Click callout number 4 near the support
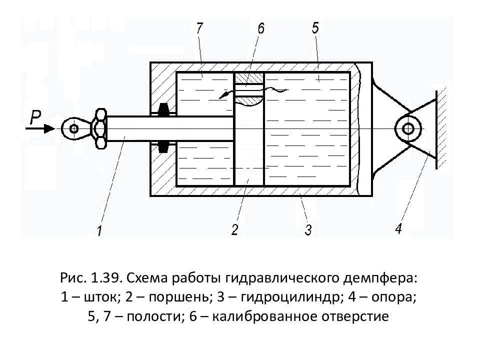(398, 228)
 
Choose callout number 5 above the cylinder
(315, 28)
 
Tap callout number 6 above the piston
(261, 28)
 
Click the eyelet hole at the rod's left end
(73, 128)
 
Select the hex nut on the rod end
(100, 128)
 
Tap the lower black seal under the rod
(163, 147)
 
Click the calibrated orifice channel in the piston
(249, 91)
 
